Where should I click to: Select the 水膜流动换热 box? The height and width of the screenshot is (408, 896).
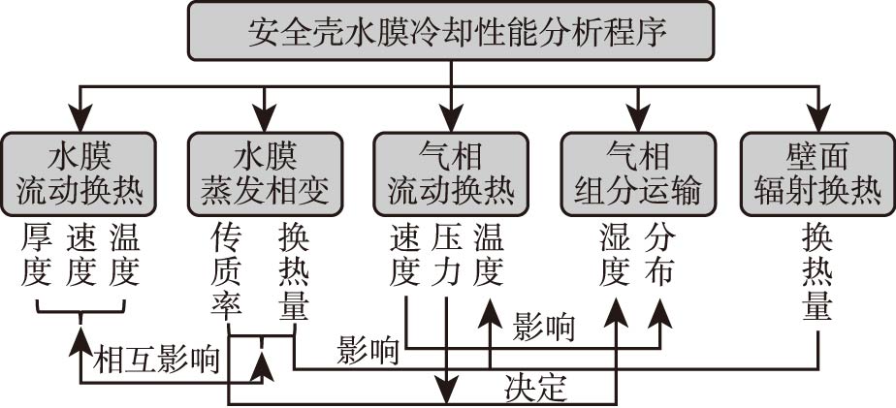click(80, 173)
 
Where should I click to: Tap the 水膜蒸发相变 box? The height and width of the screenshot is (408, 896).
click(265, 173)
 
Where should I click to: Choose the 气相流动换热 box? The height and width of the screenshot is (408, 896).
click(451, 173)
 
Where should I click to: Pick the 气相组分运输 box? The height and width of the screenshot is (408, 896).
click(637, 173)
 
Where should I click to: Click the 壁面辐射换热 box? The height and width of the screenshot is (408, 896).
click(818, 173)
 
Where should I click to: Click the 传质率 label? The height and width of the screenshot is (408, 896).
click(225, 271)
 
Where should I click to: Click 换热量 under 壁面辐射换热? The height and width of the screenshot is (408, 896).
click(818, 271)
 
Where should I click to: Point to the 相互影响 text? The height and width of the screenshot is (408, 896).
click(155, 359)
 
